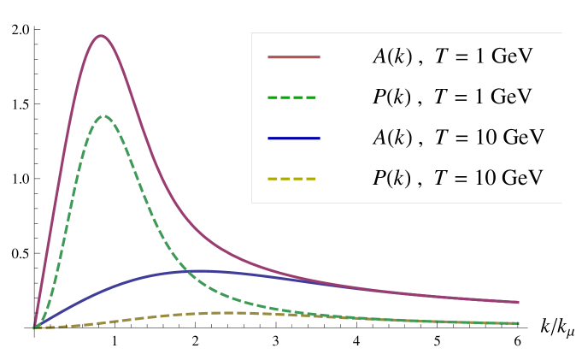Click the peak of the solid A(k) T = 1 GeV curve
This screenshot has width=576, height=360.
[x=102, y=35]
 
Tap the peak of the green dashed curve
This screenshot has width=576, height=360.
[x=103, y=115]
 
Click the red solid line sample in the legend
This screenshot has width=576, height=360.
[x=293, y=57]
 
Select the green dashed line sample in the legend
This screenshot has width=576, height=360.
[x=293, y=97]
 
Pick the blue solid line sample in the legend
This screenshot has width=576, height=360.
[x=293, y=138]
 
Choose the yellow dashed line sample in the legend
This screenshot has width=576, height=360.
[x=293, y=178]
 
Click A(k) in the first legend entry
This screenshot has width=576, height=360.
[x=392, y=57]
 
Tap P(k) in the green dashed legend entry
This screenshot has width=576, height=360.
[x=392, y=97]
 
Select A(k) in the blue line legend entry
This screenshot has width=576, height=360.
[x=392, y=138]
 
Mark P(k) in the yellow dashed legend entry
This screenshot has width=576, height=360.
[x=392, y=178]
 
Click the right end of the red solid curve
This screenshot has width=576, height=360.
[x=519, y=302]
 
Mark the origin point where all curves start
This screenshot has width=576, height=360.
[x=34, y=328]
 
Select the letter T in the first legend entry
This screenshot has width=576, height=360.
[x=440, y=57]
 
